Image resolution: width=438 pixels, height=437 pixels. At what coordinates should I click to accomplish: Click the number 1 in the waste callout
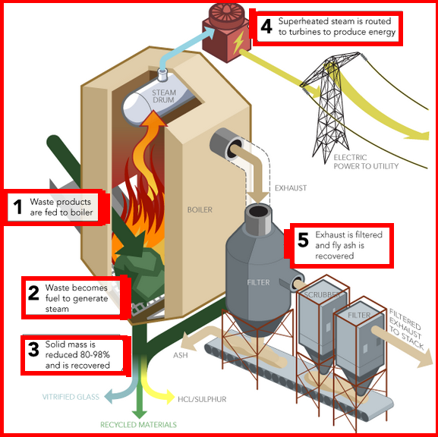pos(17,207)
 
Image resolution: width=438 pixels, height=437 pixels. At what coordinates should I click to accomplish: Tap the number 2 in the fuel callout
pos(33,293)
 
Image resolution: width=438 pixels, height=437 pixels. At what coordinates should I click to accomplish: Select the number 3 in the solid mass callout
pos(33,350)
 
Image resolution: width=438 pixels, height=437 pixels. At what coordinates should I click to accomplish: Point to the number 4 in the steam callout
pos(266,27)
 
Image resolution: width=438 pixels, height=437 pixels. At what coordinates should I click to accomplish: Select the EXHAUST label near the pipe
pos(291,187)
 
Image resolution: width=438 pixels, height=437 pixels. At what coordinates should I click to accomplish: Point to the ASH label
pos(180,354)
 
